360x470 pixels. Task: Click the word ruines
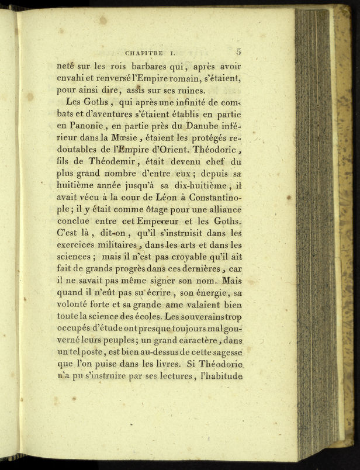[189, 91]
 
